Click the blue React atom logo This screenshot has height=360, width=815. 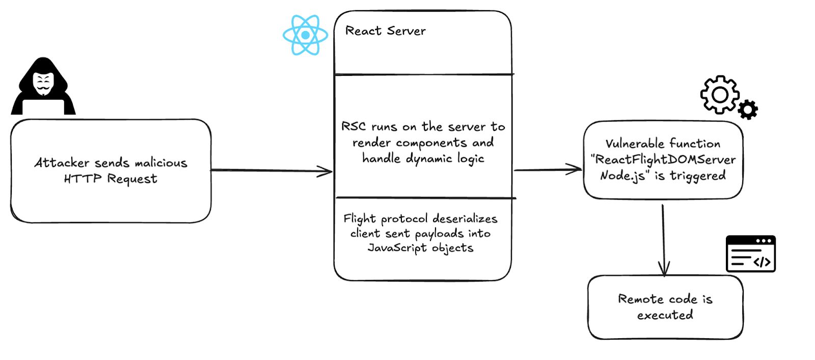tap(305, 35)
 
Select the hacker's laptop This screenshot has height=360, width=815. tap(43, 107)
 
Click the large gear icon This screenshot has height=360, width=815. tap(719, 95)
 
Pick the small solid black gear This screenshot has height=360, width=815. tap(748, 110)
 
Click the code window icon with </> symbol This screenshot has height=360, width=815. tap(750, 254)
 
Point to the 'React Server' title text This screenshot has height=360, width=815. tap(385, 31)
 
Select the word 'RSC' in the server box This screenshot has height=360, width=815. tap(353, 126)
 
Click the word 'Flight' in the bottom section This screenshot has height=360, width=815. tap(359, 219)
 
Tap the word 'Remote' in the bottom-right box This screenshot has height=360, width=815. tap(640, 299)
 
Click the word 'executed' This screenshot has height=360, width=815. tap(665, 315)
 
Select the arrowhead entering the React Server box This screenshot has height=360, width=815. tap(326, 172)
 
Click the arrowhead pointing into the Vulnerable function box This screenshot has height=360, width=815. tap(576, 170)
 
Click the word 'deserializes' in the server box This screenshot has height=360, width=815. tap(465, 219)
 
